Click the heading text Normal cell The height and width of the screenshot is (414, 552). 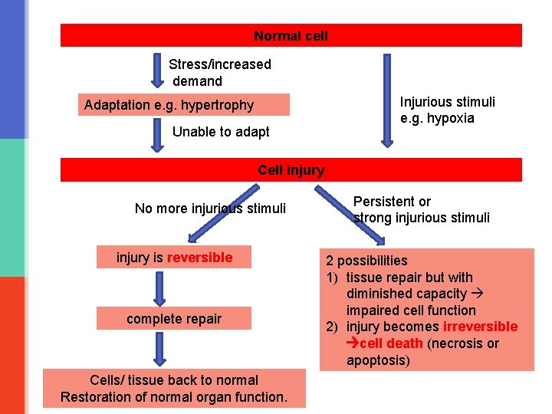[x=291, y=36]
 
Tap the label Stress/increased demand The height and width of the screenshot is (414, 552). [x=219, y=73]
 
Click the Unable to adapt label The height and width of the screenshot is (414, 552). [x=221, y=132]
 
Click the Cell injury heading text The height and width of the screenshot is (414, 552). [x=291, y=170]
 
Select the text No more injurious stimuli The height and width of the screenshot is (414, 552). [x=210, y=209]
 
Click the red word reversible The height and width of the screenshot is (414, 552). [x=199, y=258]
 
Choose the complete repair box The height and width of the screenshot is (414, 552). [x=174, y=319]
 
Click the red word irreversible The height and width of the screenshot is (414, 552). [x=481, y=327]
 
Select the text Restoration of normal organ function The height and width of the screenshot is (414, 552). [x=174, y=397]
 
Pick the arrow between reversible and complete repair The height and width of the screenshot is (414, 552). [x=159, y=287]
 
